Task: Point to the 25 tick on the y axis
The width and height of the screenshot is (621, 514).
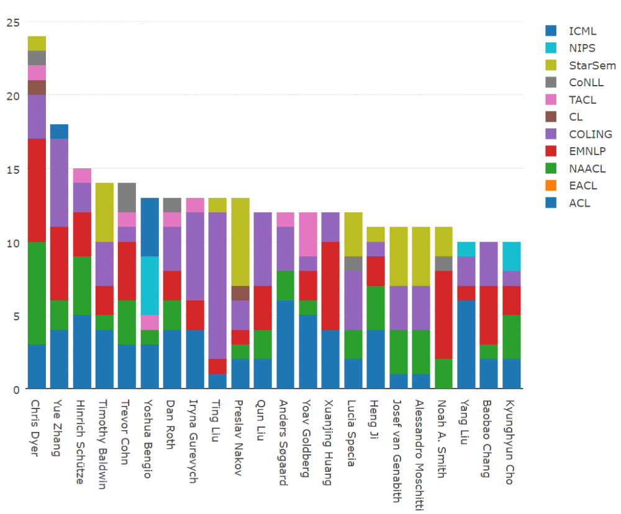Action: click(x=12, y=22)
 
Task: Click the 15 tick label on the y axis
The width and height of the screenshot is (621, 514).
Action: click(x=12, y=169)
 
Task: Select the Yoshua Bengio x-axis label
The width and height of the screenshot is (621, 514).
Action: click(x=149, y=437)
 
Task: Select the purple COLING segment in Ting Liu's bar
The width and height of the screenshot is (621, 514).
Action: click(x=217, y=286)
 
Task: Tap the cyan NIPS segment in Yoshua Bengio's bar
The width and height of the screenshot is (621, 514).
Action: click(x=150, y=286)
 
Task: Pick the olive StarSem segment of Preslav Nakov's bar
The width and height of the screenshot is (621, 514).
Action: click(x=240, y=242)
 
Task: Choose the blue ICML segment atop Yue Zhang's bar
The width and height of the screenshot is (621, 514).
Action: click(x=59, y=131)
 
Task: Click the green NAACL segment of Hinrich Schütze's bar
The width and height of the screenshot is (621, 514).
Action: click(x=82, y=286)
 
